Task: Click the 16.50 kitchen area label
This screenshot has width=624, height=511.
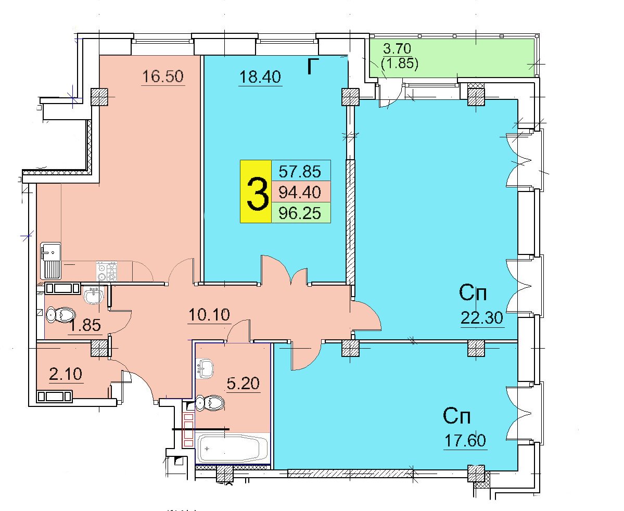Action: coord(163,76)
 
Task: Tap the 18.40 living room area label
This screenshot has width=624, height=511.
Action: coord(260,77)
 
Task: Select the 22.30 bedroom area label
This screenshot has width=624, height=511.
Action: coord(482,317)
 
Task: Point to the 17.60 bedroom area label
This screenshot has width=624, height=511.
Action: coord(465,441)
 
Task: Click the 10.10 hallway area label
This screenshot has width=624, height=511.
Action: coord(209,315)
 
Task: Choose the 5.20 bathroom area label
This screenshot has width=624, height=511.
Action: coord(243,383)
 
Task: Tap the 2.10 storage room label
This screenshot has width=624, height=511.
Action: coord(66,374)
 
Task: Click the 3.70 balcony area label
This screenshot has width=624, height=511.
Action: coord(397,48)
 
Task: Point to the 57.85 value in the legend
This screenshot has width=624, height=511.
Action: coord(300,172)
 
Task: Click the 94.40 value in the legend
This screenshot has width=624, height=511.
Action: coord(300,193)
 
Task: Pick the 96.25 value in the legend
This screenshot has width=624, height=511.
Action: coord(300,213)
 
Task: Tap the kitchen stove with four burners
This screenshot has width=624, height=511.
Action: coord(107,271)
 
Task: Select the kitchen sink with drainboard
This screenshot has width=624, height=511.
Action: coord(50,260)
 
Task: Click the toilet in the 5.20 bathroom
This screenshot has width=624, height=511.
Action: coord(210,403)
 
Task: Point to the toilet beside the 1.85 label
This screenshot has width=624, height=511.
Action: coord(60,315)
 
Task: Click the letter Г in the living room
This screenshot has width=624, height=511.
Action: coord(314,67)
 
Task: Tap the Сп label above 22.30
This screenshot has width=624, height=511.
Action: coord(473,293)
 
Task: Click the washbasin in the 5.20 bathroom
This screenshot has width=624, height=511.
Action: coord(206,368)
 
